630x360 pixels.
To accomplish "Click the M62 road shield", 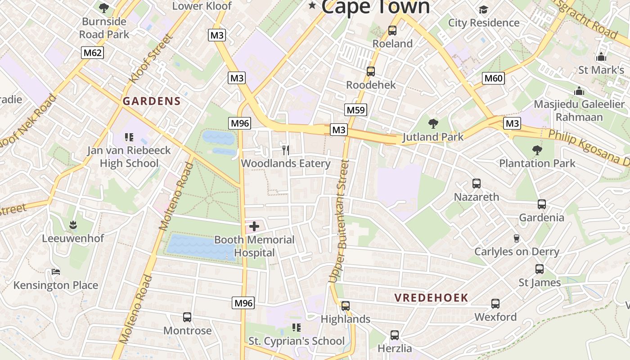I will (93, 53).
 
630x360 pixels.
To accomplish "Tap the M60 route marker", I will (493, 78).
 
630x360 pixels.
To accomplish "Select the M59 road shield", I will (356, 110).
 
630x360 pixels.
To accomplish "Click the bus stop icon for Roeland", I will (392, 31).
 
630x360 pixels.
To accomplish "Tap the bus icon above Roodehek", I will (371, 72).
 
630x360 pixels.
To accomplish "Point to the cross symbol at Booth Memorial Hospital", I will (254, 226).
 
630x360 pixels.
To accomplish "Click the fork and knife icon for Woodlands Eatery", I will (285, 150).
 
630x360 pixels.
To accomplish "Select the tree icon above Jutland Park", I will (433, 123).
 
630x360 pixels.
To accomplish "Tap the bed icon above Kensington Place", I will (56, 271).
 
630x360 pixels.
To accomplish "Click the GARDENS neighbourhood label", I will (152, 101).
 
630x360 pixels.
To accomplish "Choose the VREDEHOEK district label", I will (432, 297).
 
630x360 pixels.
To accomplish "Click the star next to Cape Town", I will (312, 5).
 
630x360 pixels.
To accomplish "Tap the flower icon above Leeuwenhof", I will (73, 225).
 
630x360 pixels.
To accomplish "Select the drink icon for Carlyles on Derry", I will (517, 238).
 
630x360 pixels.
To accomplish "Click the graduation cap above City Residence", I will (483, 9).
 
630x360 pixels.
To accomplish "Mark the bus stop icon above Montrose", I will (187, 317).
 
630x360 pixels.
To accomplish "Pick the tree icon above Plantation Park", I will (537, 150).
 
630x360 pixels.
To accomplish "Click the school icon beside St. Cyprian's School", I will (296, 327).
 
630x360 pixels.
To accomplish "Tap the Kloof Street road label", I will (151, 58).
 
